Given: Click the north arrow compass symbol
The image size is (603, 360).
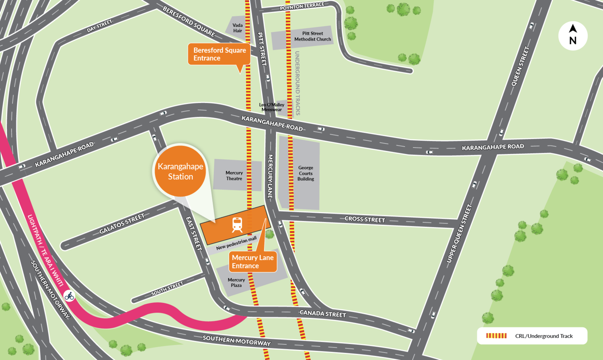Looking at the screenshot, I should (573, 35).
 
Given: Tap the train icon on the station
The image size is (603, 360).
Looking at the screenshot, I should (237, 225).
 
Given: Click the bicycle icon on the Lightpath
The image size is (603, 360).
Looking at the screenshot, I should (69, 296).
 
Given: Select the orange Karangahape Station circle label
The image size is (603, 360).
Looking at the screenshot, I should (180, 171).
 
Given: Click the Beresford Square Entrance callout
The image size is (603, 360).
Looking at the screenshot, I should (219, 54).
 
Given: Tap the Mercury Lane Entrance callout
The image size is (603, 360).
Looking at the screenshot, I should (252, 262).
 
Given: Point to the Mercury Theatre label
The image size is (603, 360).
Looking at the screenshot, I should (234, 176).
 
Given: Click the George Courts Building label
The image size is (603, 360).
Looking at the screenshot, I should (306, 173).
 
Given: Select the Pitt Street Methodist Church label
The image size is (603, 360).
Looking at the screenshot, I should (312, 37).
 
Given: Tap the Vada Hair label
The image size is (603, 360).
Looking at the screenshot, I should (238, 28).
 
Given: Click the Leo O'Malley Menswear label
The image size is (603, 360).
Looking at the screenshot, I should (272, 107).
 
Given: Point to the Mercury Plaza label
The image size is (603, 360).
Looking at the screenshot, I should (236, 282).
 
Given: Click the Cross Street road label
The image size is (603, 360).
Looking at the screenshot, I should (365, 219).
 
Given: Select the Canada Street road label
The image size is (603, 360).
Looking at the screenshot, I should (323, 313).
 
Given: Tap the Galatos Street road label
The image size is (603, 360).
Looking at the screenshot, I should (122, 224).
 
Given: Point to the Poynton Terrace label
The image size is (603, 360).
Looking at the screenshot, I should (302, 6).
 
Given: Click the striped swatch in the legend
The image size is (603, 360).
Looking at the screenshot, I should (496, 336).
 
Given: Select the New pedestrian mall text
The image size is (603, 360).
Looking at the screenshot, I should (236, 243).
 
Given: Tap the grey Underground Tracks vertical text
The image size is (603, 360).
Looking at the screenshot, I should (298, 83).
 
